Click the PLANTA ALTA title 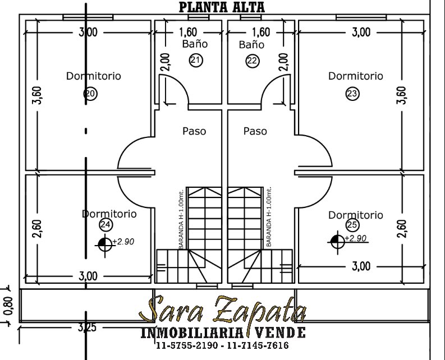pos(222,7)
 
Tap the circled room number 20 pos(90,94)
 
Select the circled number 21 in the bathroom pos(196,60)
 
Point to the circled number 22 pos(253,61)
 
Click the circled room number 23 pos(352,94)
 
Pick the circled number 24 pos(106,225)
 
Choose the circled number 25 pos(352,225)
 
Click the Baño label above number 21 pos(195,44)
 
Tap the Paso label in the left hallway pos(194,131)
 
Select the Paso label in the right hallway pos(255,131)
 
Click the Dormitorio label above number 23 pos(356,76)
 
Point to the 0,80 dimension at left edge pos(8,306)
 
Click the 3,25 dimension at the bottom pos(87,327)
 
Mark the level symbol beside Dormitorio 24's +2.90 pos(105,244)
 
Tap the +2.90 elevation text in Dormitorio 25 pos(356,238)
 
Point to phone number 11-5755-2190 pos(187,345)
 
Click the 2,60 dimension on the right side pos(402,229)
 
